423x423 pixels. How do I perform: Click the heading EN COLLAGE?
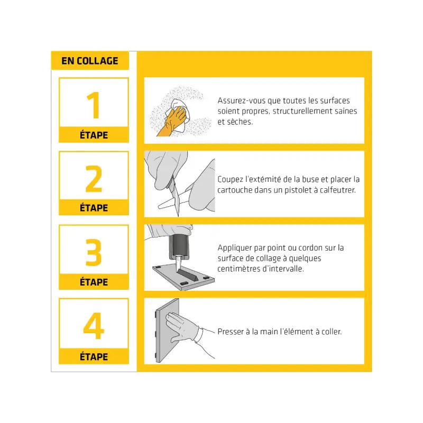(x=90, y=61)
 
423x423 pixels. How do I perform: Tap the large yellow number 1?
(x=94, y=105)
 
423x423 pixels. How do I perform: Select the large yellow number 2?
(x=94, y=179)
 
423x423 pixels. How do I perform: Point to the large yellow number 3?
(x=94, y=252)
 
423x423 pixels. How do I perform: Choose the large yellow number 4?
(x=94, y=326)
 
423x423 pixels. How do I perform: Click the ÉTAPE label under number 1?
(x=94, y=135)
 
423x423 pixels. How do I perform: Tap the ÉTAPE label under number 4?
(x=94, y=356)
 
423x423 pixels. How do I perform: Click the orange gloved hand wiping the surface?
(x=172, y=122)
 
